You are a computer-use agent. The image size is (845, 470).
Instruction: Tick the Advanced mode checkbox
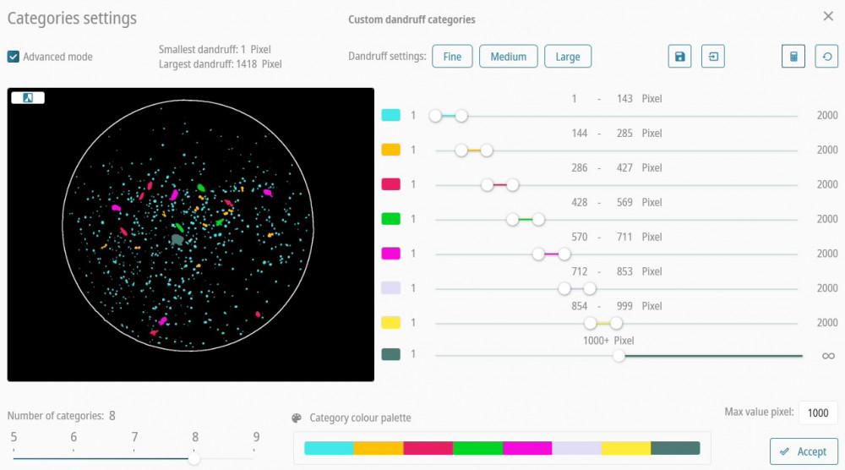pos(14,57)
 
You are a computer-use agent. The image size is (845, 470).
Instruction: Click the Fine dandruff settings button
pos(452,57)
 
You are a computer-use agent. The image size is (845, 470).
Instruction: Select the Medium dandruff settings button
pos(509,57)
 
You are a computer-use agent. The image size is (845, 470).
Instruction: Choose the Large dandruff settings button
pos(568,57)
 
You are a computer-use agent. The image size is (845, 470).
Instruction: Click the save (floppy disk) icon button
pos(679,57)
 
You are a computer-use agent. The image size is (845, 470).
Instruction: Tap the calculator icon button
pos(793,57)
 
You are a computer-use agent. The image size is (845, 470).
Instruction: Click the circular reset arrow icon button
pos(826,57)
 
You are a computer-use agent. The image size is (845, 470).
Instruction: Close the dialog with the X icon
pos(828,16)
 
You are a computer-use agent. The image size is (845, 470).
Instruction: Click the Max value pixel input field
pos(817,413)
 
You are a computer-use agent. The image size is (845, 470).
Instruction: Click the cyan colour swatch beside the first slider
pos(390,115)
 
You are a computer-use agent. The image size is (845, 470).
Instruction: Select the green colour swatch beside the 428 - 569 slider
pos(390,219)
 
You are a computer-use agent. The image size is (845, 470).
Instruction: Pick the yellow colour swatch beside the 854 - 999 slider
pos(390,322)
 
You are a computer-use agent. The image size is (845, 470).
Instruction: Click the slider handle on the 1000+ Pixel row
pos(619,356)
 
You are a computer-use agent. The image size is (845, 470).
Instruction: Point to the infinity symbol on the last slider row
pos(828,356)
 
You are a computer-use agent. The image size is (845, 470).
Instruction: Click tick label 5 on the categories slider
pos(14,437)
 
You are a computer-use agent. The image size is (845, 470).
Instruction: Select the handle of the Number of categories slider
pos(194,458)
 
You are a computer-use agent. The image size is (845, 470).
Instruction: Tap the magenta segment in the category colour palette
pos(527,448)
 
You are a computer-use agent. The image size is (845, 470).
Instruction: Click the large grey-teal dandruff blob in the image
pos(177,239)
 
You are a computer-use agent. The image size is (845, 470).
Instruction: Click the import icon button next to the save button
pos(713,57)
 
